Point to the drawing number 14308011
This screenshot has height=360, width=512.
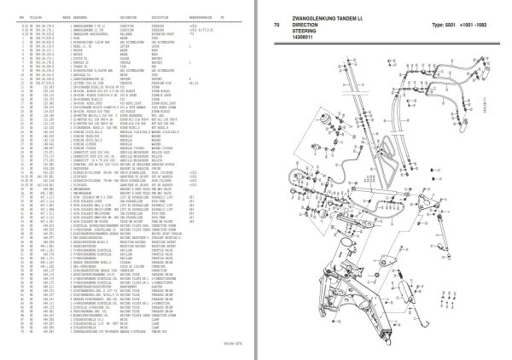click(x=305, y=41)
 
